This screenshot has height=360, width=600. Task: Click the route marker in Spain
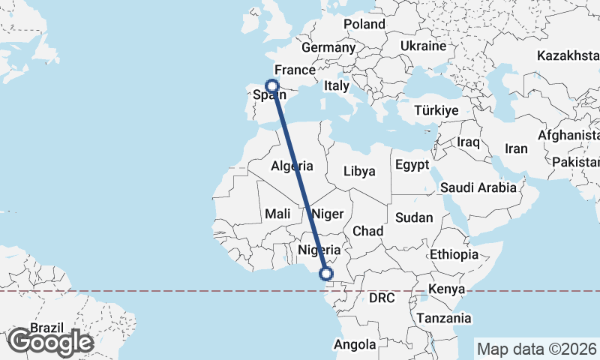tap(272, 86)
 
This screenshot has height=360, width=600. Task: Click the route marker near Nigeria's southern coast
tap(326, 274)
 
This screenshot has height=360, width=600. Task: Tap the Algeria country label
tap(291, 166)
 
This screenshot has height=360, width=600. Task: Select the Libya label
tap(358, 171)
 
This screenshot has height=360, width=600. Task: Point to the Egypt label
tap(412, 165)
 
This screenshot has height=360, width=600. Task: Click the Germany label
tap(328, 47)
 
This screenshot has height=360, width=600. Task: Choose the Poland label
tap(364, 24)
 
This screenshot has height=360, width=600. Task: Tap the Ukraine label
tap(424, 46)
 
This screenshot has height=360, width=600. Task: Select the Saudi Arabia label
tap(478, 187)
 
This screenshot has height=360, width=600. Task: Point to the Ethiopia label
tap(454, 255)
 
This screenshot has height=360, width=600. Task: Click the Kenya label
tap(447, 289)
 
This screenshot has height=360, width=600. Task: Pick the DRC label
tap(381, 298)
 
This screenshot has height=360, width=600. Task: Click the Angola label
tap(354, 345)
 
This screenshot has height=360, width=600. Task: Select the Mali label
tap(277, 214)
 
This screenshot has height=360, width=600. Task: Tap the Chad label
tap(367, 231)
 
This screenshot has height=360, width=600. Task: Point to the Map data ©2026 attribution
tap(536, 349)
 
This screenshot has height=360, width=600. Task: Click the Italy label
tap(337, 86)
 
